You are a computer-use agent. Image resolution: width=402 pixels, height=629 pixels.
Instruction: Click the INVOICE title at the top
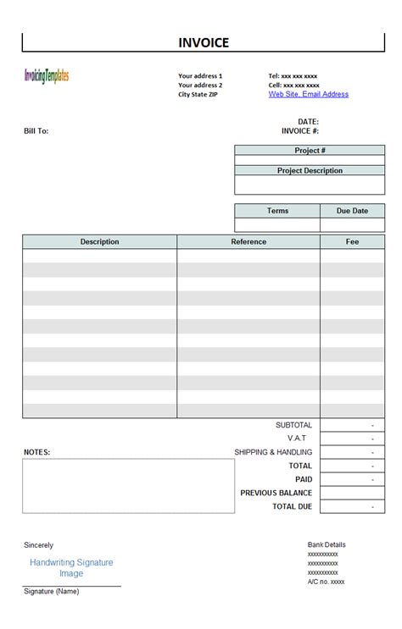click(204, 43)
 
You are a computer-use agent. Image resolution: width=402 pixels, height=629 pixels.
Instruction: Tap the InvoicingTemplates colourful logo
click(47, 76)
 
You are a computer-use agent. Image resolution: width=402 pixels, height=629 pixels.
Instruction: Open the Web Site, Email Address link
click(308, 94)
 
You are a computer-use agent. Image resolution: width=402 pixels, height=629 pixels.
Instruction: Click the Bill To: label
click(36, 131)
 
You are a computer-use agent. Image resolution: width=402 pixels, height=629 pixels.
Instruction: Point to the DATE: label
click(308, 122)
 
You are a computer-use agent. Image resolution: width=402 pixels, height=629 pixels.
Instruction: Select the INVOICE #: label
click(300, 131)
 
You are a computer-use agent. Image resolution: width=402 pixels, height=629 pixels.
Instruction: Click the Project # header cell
click(310, 151)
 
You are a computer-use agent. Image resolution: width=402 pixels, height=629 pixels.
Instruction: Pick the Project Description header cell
click(310, 170)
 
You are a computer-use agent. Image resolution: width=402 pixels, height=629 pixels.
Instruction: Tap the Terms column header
click(277, 211)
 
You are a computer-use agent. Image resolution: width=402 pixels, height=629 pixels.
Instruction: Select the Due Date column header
click(352, 211)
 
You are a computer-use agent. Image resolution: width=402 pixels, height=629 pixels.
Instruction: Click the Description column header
click(100, 242)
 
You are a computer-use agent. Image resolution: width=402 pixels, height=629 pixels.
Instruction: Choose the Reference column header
click(248, 242)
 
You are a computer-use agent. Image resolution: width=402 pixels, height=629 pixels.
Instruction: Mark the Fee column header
click(352, 242)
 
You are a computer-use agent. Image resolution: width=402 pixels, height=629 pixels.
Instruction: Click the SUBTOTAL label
click(293, 425)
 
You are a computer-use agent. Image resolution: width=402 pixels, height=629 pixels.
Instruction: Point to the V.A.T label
click(297, 439)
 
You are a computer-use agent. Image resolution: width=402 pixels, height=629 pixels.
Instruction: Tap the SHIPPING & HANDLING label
click(273, 452)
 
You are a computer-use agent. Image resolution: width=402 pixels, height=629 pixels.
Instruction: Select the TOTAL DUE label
click(292, 506)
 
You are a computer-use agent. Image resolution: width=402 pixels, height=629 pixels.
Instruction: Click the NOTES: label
click(36, 452)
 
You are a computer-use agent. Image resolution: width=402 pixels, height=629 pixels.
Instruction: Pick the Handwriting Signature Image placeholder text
click(71, 567)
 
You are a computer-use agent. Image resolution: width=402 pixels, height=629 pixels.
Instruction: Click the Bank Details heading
click(327, 544)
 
